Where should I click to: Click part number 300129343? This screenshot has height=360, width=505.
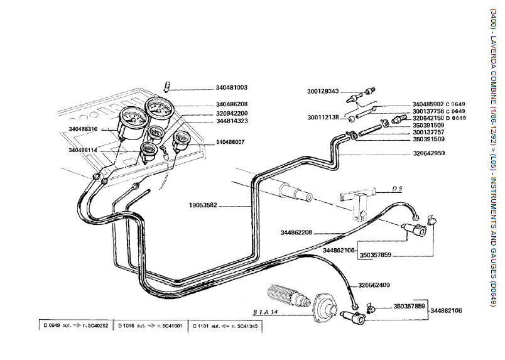[323, 91]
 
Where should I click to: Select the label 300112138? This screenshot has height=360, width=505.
[323, 117]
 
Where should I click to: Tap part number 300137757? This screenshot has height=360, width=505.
[428, 132]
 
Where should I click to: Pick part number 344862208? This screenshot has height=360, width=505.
[296, 232]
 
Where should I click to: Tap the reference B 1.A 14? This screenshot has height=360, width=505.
[266, 310]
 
